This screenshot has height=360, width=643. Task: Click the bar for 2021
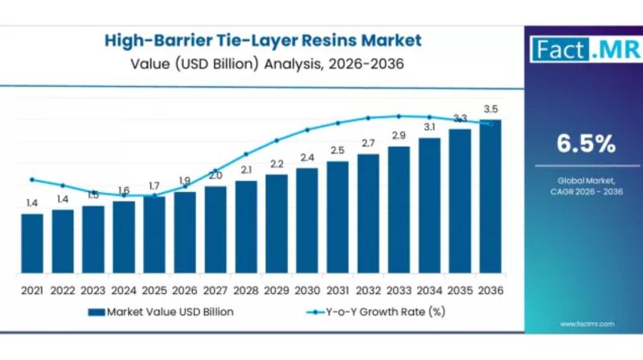point(32,243)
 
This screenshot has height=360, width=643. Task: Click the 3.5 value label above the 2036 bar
point(490,109)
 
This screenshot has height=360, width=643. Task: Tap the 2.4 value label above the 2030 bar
point(307,157)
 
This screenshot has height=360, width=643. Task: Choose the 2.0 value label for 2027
point(215,175)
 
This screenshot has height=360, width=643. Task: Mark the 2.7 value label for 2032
point(368,143)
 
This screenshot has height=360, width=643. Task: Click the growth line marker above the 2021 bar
point(32,179)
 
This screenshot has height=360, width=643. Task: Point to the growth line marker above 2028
point(246,153)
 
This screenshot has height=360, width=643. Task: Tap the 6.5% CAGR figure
point(587,145)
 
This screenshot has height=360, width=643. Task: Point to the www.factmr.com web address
point(587,324)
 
